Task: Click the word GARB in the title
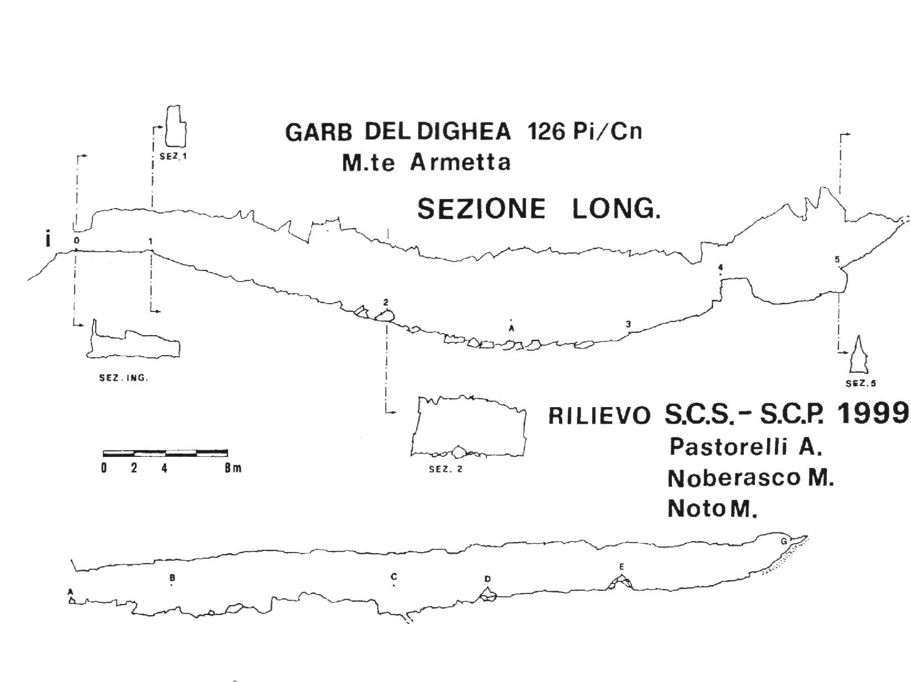point(319,133)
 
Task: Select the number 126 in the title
point(546,132)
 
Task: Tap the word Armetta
point(460,162)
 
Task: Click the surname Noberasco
point(734,478)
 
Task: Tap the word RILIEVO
point(599,415)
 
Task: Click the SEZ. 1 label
point(173,157)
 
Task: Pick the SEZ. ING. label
point(123,378)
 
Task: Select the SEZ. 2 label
point(446,469)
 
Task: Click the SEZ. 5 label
point(861,383)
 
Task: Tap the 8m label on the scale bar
point(233,468)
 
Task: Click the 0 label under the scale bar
point(103,468)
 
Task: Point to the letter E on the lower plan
point(622,567)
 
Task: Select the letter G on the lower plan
point(784,541)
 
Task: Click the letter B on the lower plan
point(172,577)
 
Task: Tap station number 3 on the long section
point(628,324)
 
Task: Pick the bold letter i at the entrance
point(48,240)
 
